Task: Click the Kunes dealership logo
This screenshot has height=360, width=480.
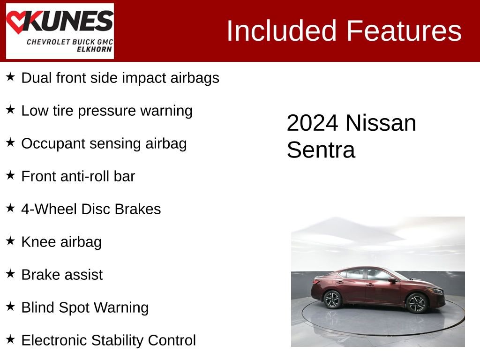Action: pyautogui.click(x=60, y=31)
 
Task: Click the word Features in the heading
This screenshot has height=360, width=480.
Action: pyautogui.click(x=404, y=31)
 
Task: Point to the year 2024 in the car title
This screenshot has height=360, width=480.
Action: pyautogui.click(x=312, y=123)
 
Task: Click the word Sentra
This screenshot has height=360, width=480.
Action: pyautogui.click(x=321, y=150)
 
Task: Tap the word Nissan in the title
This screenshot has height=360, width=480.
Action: pyautogui.click(x=381, y=123)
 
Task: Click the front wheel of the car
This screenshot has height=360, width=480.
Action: pyautogui.click(x=416, y=303)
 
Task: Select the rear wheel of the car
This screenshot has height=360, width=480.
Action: pyautogui.click(x=333, y=299)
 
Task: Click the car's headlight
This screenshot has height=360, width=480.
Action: pyautogui.click(x=436, y=291)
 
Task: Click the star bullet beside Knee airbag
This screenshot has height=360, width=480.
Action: pyautogui.click(x=11, y=241)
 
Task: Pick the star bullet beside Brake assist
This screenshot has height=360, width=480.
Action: pyautogui.click(x=11, y=274)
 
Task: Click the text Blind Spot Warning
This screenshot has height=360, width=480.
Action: pyautogui.click(x=85, y=307)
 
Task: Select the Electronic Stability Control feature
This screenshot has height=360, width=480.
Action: pyautogui.click(x=108, y=340)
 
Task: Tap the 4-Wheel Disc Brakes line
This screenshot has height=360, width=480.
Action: pyautogui.click(x=91, y=209)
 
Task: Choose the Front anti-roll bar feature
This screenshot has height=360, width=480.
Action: pyautogui.click(x=78, y=176)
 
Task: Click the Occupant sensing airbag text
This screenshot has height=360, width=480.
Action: pyautogui.click(x=104, y=143)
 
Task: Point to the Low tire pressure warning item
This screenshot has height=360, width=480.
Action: pyautogui.click(x=107, y=111)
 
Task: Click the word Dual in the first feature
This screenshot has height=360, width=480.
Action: pyautogui.click(x=37, y=78)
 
